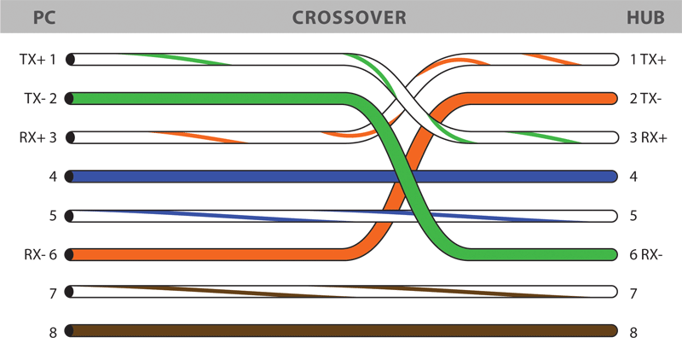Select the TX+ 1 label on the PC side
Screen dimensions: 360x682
37,60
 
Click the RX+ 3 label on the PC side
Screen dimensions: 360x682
38,137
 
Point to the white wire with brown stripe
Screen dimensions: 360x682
341,293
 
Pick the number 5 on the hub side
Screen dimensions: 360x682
633,216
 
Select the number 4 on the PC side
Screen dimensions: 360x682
53,177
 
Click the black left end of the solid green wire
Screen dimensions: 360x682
71,99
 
